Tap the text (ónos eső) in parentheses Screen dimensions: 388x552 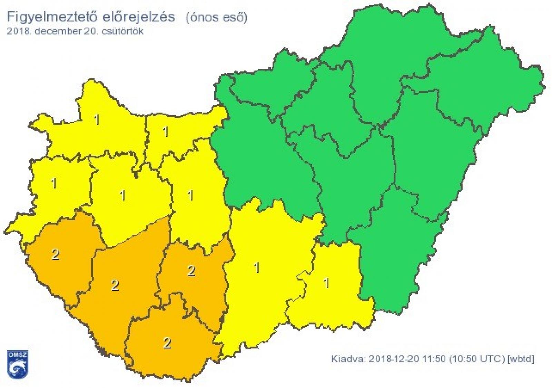[x=216, y=18]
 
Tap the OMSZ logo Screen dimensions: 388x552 [x=18, y=363]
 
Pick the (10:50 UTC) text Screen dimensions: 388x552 [x=477, y=359]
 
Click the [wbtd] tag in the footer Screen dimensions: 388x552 [x=521, y=359]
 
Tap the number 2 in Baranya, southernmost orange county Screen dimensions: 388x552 [x=167, y=343]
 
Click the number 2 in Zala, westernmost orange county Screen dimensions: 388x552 [x=55, y=255]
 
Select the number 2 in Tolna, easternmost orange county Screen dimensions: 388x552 [x=191, y=271]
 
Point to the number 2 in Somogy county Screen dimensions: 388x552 [x=115, y=285]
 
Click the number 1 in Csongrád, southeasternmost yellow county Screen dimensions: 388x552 [x=326, y=283]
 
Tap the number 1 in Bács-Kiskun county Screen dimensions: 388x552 [x=256, y=268]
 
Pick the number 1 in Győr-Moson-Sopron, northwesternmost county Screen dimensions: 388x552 [x=97, y=120]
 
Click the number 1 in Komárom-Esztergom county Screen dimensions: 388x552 [x=166, y=132]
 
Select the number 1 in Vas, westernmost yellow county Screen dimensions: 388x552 [x=54, y=183]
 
